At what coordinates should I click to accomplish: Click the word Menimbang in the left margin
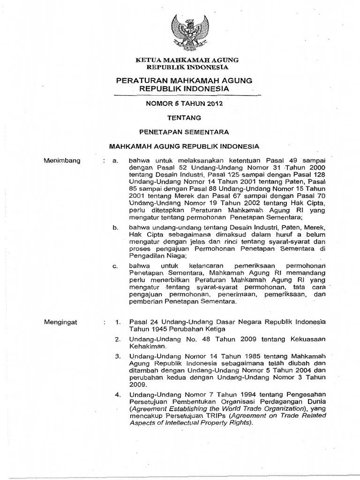click(x=62, y=161)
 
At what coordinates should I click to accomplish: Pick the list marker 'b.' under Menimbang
click(x=115, y=227)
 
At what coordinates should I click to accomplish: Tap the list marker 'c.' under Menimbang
click(x=115, y=266)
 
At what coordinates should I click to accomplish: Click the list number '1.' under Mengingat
click(x=119, y=322)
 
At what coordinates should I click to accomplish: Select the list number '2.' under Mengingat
click(x=119, y=338)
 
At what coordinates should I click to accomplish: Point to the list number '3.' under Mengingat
click(x=119, y=357)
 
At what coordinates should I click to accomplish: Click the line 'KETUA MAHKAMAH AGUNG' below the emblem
click(x=187, y=60)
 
